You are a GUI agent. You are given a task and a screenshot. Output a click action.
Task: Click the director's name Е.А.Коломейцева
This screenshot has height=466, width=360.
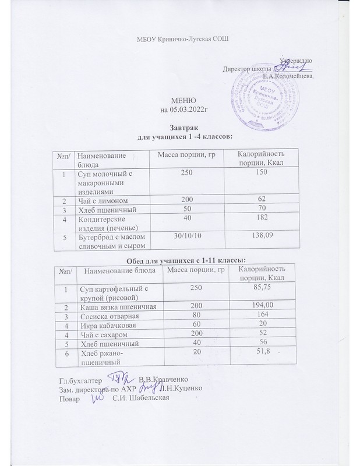(288, 76)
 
